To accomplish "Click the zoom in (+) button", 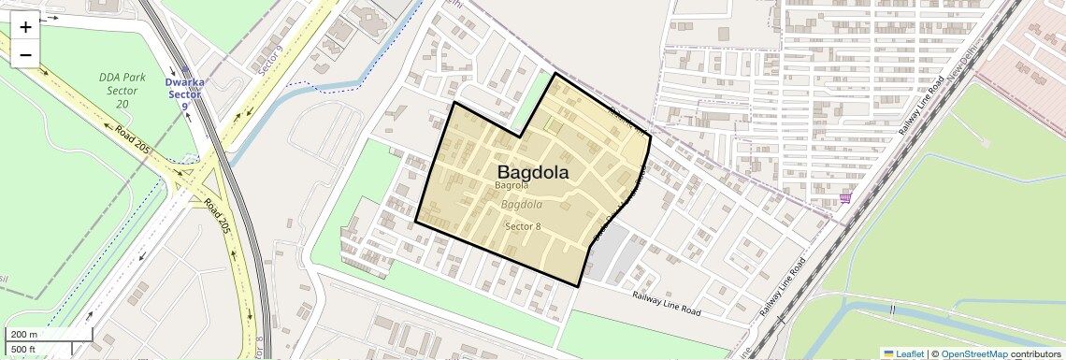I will click(x=25, y=27).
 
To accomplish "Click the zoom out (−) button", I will click(x=25, y=54).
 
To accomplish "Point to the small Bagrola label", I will click(x=511, y=186).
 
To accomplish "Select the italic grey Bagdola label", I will click(x=522, y=204).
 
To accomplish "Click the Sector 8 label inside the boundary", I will click(x=523, y=226).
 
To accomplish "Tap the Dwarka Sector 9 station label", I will click(x=184, y=94).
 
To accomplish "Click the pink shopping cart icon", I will click(x=845, y=198).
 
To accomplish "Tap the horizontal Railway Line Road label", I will click(x=666, y=302).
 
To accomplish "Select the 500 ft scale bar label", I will click(x=23, y=350).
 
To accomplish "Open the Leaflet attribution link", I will click(x=902, y=353).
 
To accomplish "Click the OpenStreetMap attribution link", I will click(x=973, y=353).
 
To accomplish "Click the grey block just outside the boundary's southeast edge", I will click(x=613, y=253).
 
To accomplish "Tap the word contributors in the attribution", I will click(x=1035, y=353).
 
